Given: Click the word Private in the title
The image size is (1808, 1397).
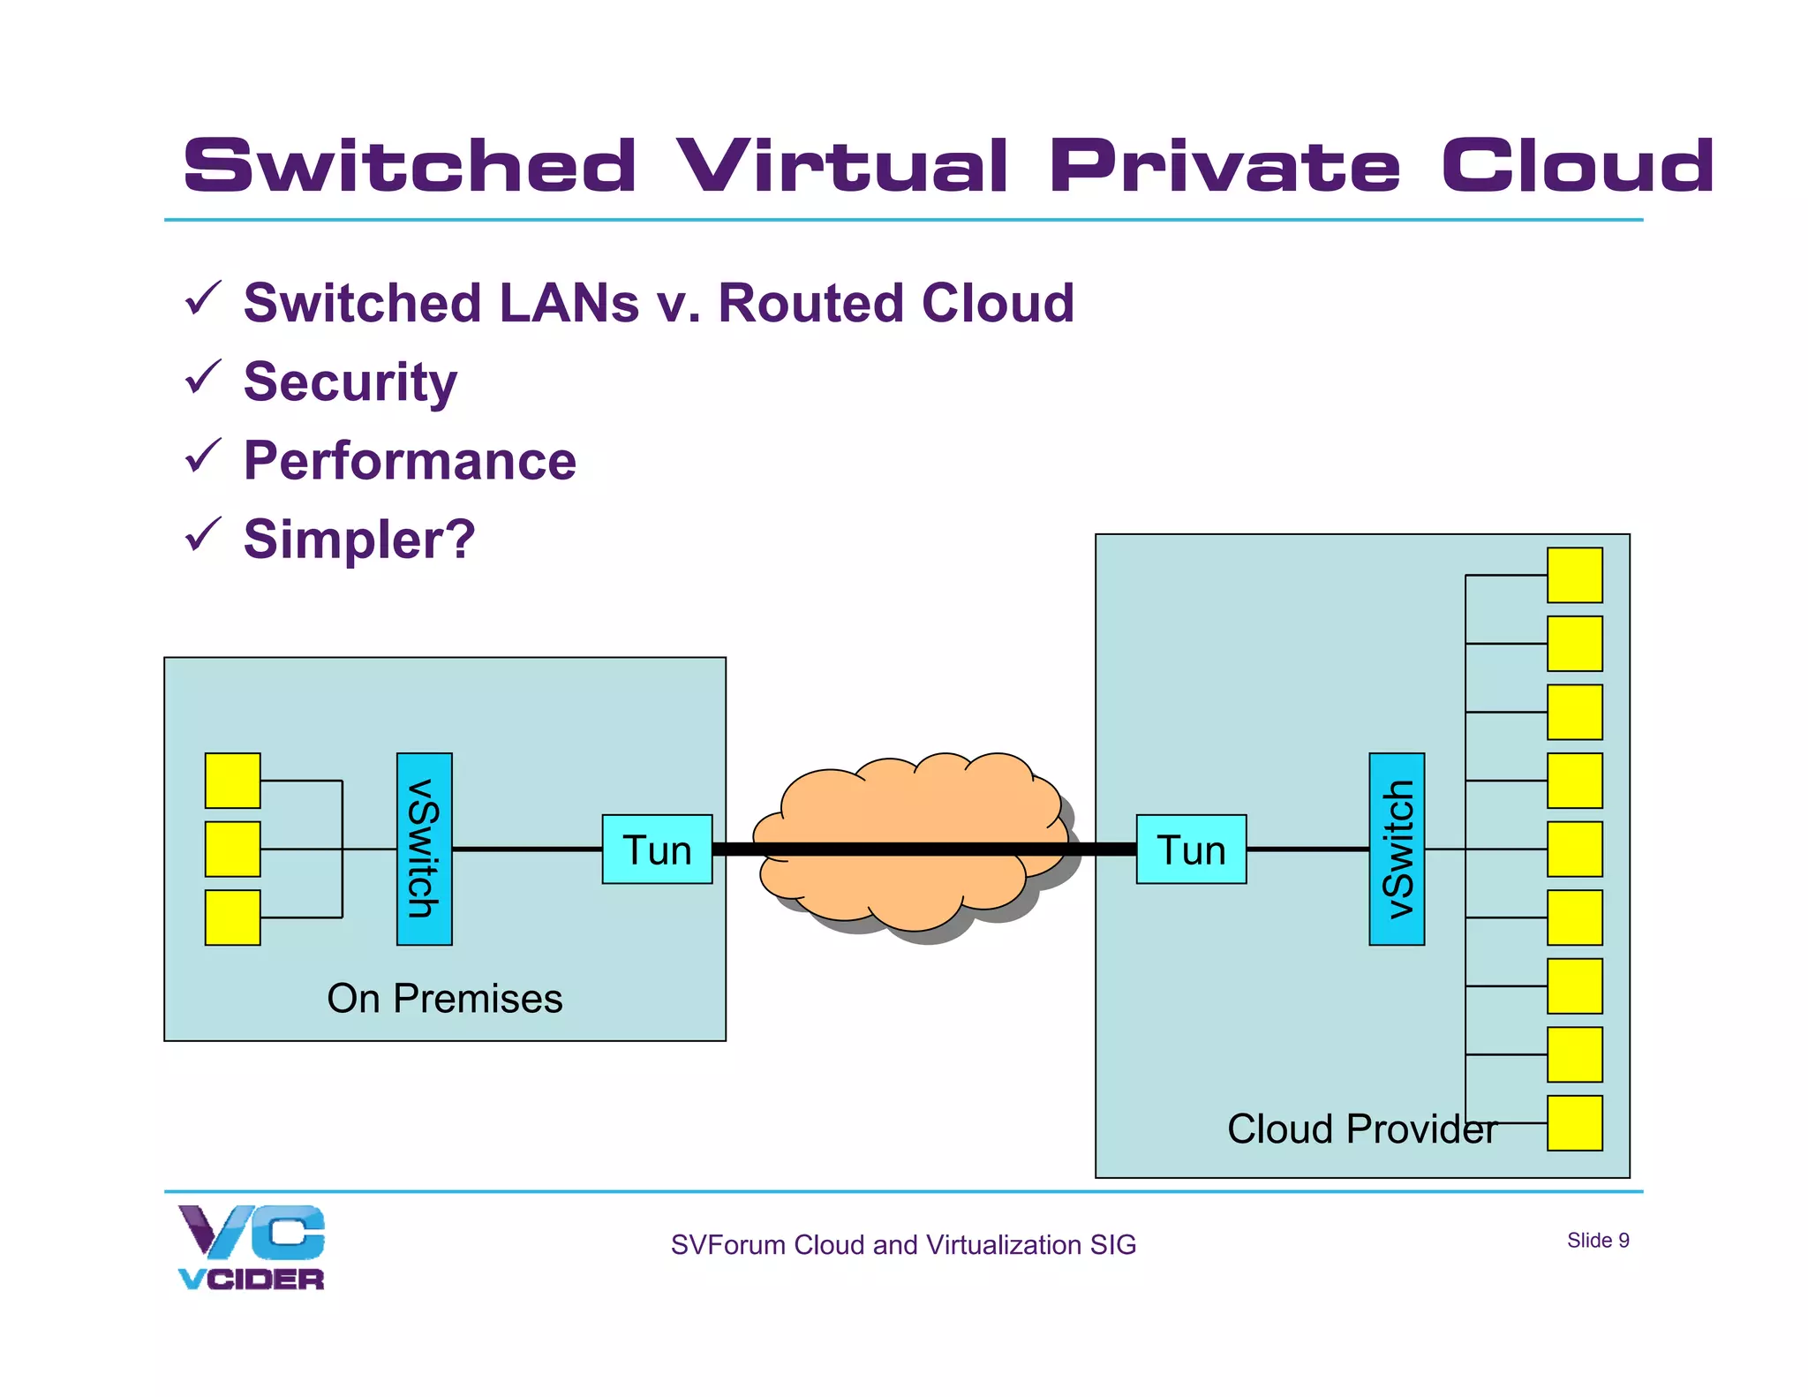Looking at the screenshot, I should coord(1224,166).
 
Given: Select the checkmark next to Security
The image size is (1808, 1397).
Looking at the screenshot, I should coord(202,377).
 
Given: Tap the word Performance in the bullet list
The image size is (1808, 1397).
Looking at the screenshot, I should coord(410,461).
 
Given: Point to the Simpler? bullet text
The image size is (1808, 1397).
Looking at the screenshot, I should coord(359,540).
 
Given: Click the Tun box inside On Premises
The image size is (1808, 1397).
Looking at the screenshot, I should coord(657,850).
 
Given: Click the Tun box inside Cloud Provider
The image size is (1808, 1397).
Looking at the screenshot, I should coord(1191,850).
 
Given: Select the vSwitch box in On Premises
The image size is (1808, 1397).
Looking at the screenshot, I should coord(425,850).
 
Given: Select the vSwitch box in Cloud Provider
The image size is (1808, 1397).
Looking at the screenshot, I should coord(1397,850).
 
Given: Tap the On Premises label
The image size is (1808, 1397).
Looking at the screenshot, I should coord(444,999).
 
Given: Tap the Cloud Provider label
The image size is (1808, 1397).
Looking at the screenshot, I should coord(1360,1129).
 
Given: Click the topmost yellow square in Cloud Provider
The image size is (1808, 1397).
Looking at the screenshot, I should coord(1574,575).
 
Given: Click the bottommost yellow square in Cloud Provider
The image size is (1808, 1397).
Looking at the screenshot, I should coord(1574,1123).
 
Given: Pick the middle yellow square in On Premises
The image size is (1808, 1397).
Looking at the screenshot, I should coord(232,850).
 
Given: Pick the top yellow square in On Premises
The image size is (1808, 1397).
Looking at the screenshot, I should coord(232,781).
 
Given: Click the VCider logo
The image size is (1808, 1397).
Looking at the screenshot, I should coord(252,1247).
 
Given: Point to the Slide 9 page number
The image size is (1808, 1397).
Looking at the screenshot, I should coord(1597,1241).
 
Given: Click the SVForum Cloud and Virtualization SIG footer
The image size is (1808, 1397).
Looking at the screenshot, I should coord(903,1245).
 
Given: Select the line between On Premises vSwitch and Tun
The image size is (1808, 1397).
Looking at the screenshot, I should coord(527,850).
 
